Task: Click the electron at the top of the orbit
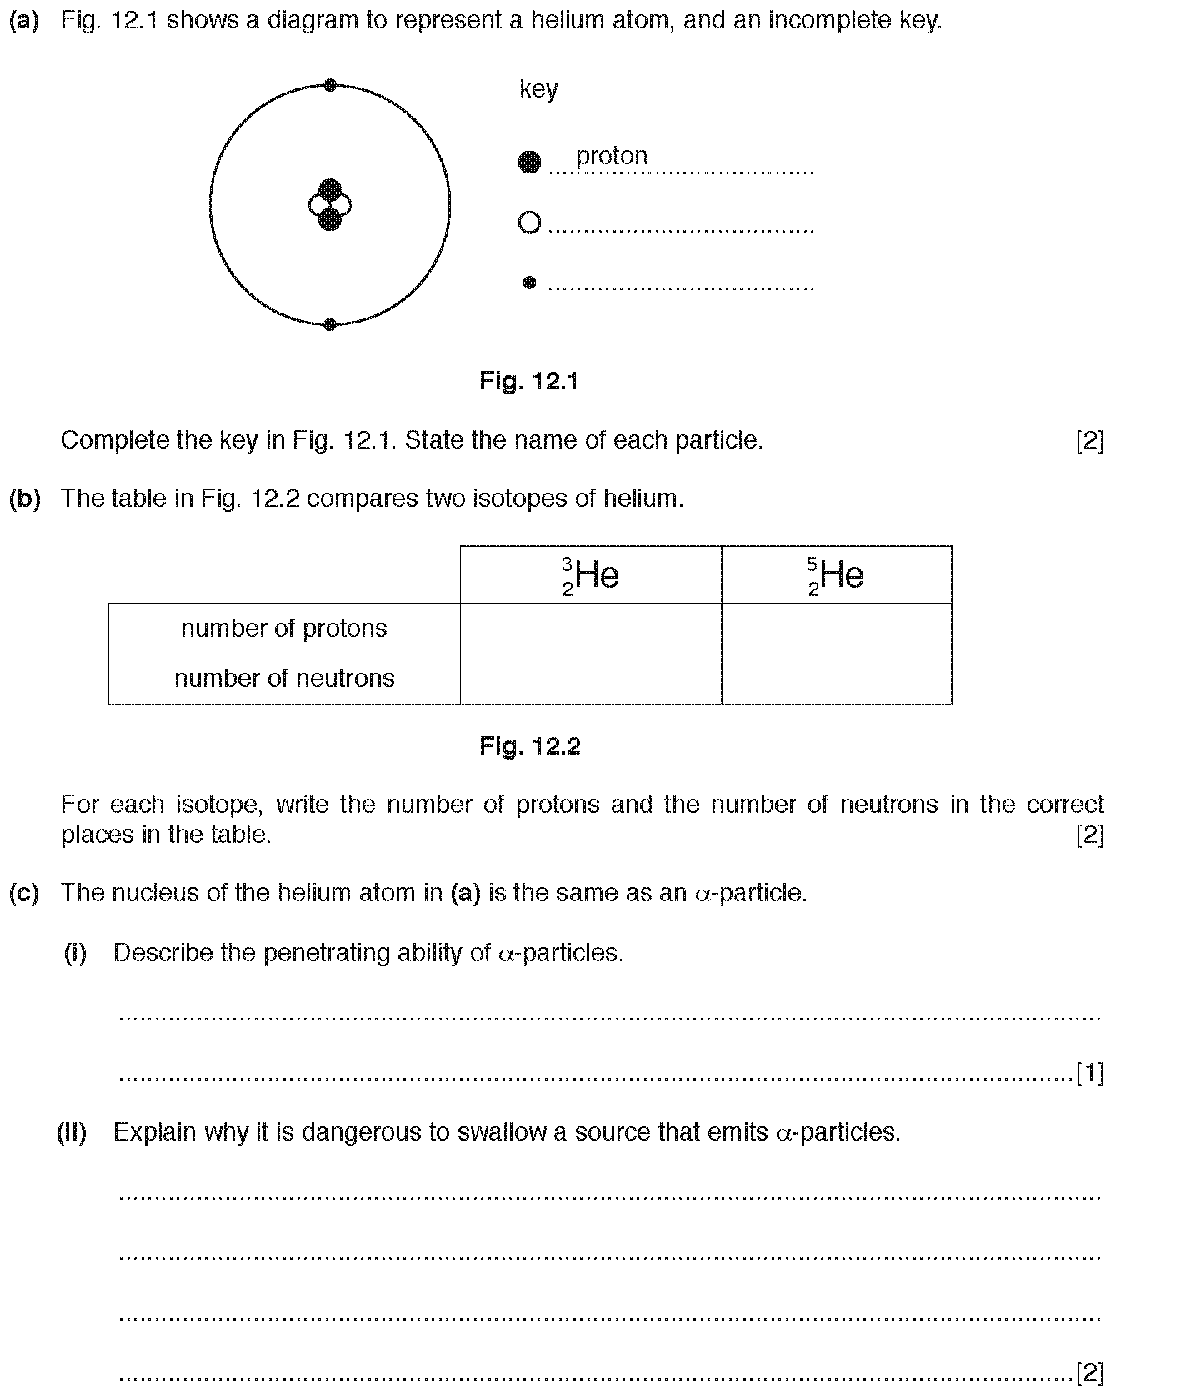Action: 330,85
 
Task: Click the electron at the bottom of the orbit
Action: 330,324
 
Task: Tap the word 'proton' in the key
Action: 611,156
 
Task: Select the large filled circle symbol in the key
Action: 529,163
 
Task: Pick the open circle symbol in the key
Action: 529,223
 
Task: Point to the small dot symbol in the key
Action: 529,283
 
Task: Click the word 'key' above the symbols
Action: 538,89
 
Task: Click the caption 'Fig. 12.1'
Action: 528,381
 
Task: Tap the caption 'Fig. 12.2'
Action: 529,745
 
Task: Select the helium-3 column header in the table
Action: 590,575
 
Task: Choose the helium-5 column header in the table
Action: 836,575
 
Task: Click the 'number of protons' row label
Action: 284,629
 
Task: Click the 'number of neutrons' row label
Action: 284,679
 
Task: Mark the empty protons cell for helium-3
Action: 590,629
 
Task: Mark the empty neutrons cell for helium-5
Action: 836,679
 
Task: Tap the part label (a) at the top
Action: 24,21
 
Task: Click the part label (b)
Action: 24,499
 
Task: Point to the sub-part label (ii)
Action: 72,1132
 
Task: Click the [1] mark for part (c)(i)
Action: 1090,1073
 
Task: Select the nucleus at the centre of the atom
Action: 330,204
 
